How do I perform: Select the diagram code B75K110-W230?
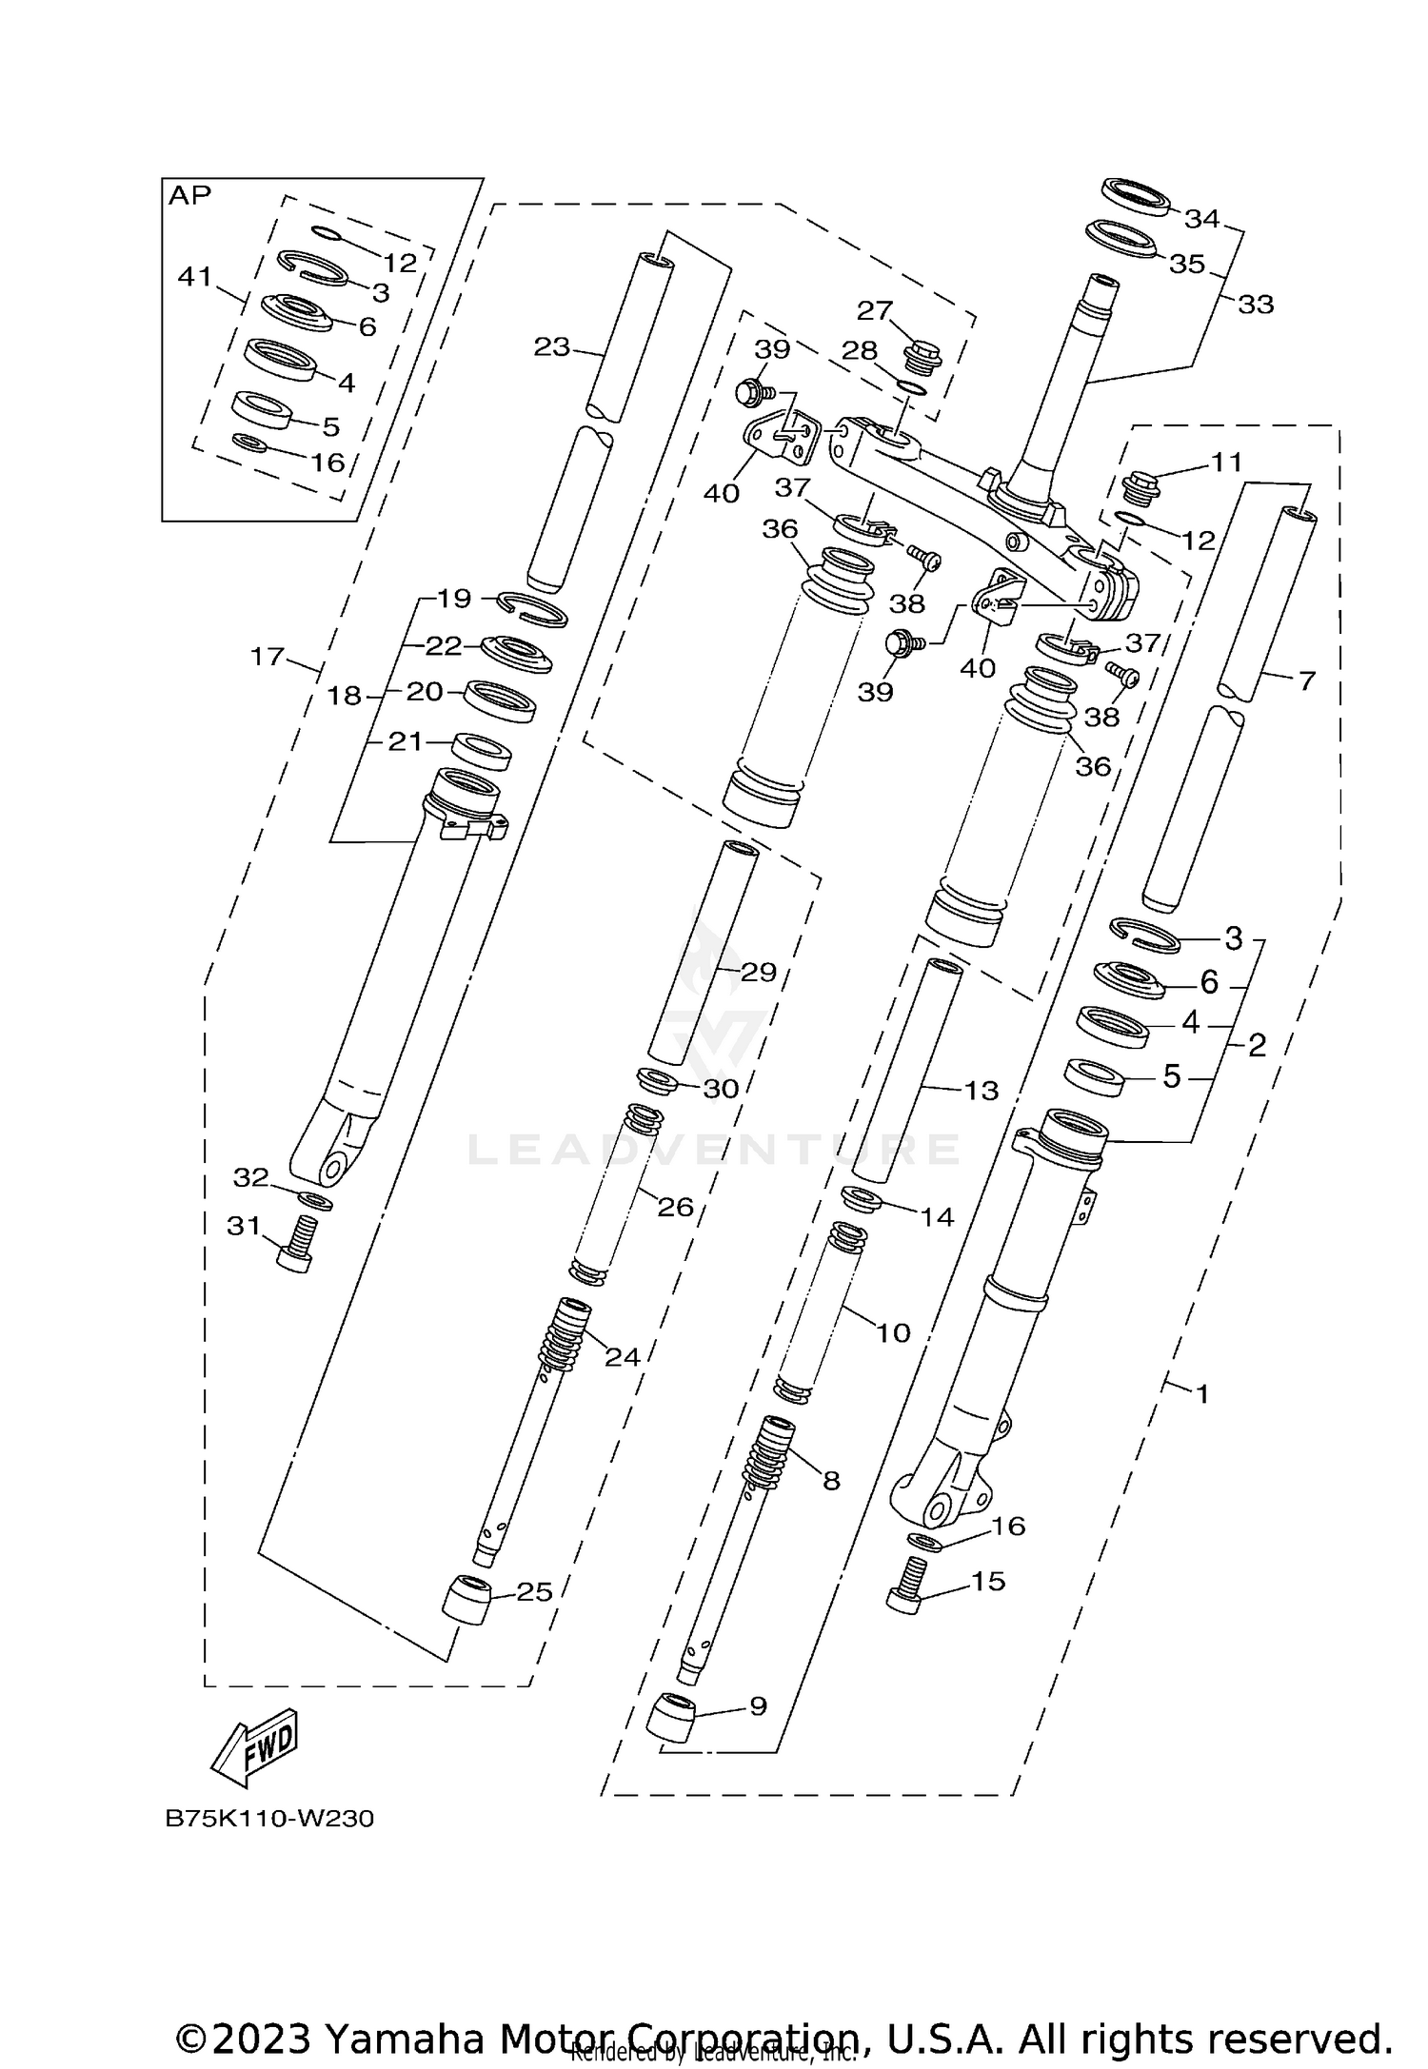coord(269,1819)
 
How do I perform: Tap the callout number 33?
coord(1256,305)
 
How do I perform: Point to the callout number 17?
coord(268,656)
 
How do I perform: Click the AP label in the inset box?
coord(189,196)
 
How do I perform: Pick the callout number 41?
coord(195,277)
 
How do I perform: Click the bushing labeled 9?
coord(671,1717)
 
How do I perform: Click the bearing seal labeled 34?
coord(1136,197)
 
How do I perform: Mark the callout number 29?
coord(759,972)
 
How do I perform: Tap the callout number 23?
coord(551,347)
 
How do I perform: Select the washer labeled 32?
coord(314,1199)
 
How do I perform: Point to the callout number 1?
coord(1201,1394)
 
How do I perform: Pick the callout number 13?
coord(982,1090)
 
